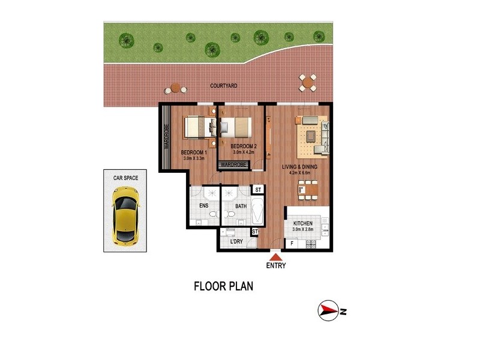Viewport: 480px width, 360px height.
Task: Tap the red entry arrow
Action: pyautogui.click(x=275, y=256)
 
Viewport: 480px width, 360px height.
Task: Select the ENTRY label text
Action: pyautogui.click(x=276, y=265)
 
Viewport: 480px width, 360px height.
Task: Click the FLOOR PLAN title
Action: pyautogui.click(x=223, y=286)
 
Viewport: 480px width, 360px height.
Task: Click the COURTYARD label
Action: pyautogui.click(x=224, y=86)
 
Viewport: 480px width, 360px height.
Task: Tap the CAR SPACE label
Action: pyautogui.click(x=126, y=178)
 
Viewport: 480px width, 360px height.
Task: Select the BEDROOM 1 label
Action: pyautogui.click(x=194, y=152)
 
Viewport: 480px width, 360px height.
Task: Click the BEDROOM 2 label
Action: pyautogui.click(x=244, y=146)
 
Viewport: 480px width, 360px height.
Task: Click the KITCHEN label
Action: pyautogui.click(x=303, y=223)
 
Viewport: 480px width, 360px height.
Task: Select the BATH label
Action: pyautogui.click(x=241, y=206)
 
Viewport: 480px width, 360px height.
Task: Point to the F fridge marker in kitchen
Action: pyautogui.click(x=292, y=243)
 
